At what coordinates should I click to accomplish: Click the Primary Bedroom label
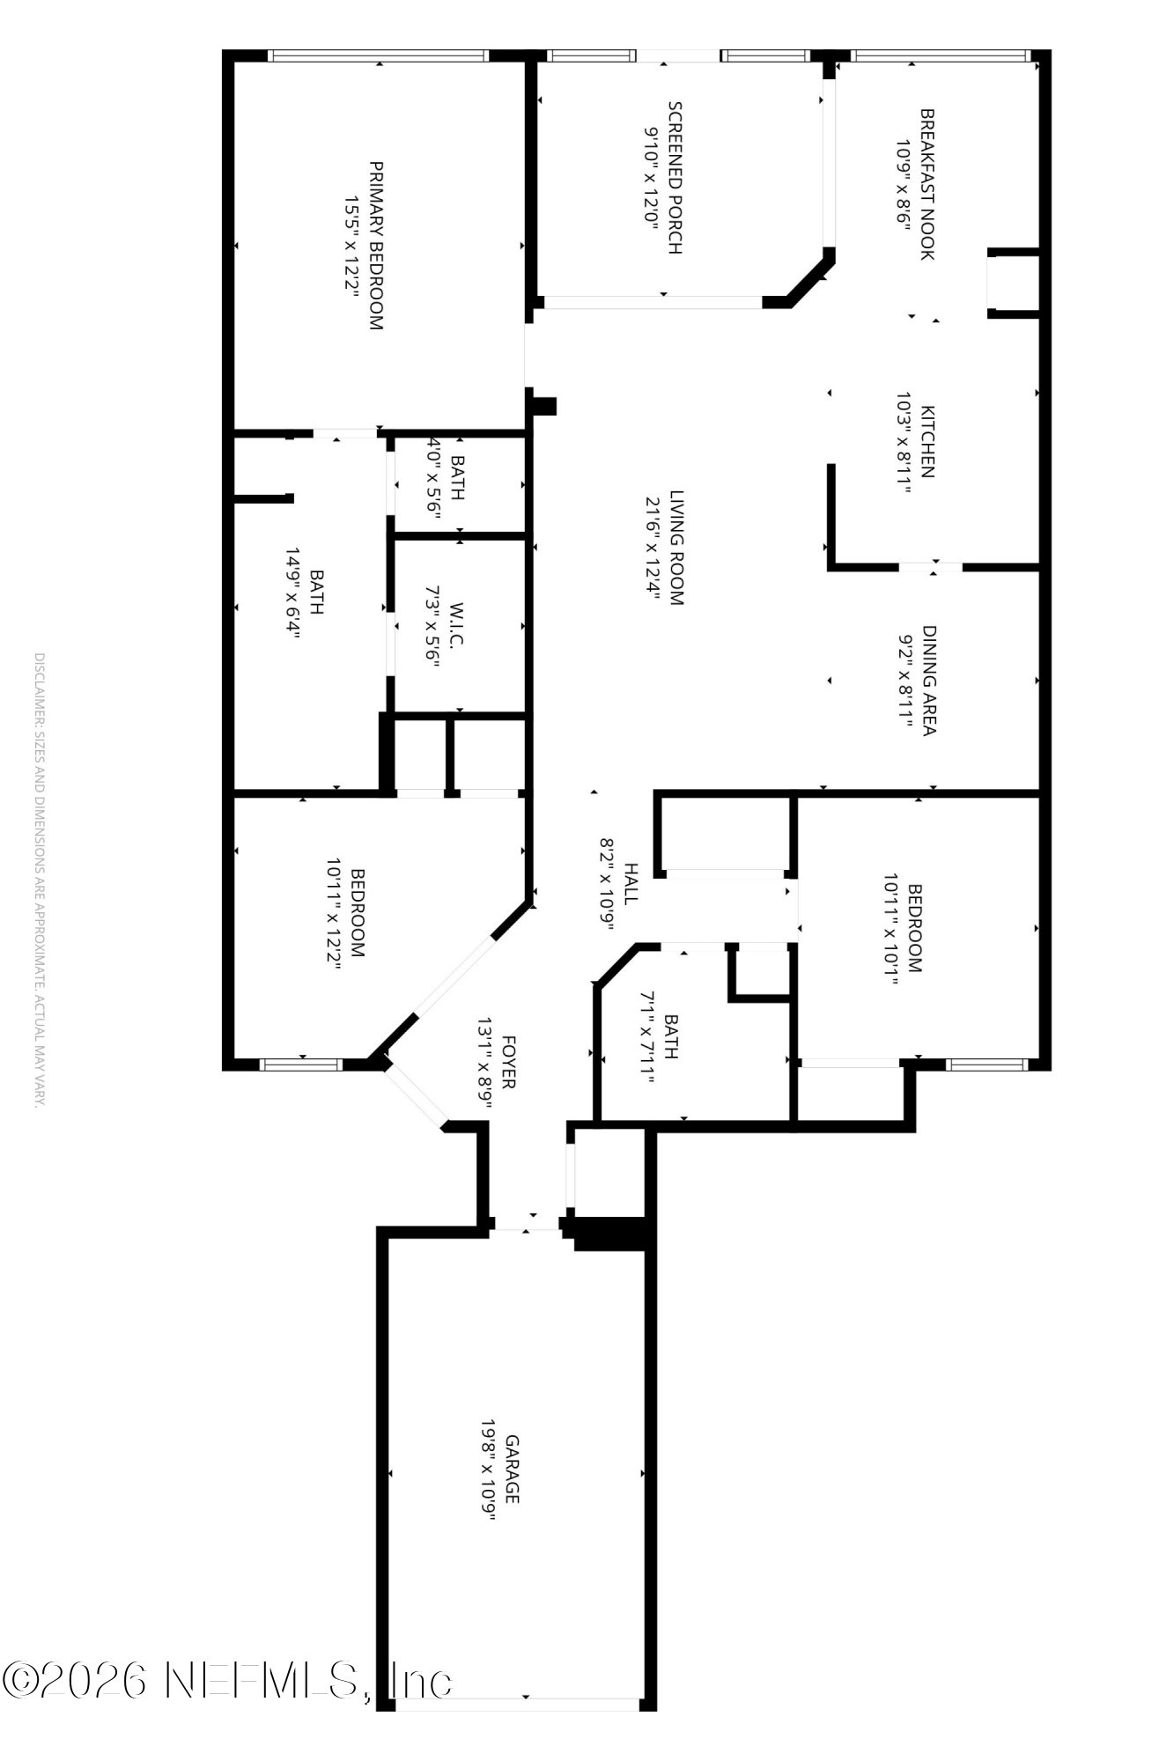[376, 245]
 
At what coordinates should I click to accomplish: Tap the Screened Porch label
[675, 178]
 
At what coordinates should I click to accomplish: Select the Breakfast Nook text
[927, 184]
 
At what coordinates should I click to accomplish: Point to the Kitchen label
[927, 441]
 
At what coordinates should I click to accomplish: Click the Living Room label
[676, 548]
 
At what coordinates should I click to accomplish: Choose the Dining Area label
[929, 680]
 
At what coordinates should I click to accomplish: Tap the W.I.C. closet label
[456, 625]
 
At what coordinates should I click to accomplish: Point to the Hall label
[631, 883]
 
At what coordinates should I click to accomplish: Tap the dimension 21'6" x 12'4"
[653, 548]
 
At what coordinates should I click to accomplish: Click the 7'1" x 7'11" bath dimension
[647, 1035]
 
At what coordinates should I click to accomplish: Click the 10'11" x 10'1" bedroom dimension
[891, 928]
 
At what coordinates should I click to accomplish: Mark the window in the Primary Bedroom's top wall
[378, 55]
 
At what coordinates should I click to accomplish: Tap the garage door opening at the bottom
[518, 1705]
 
